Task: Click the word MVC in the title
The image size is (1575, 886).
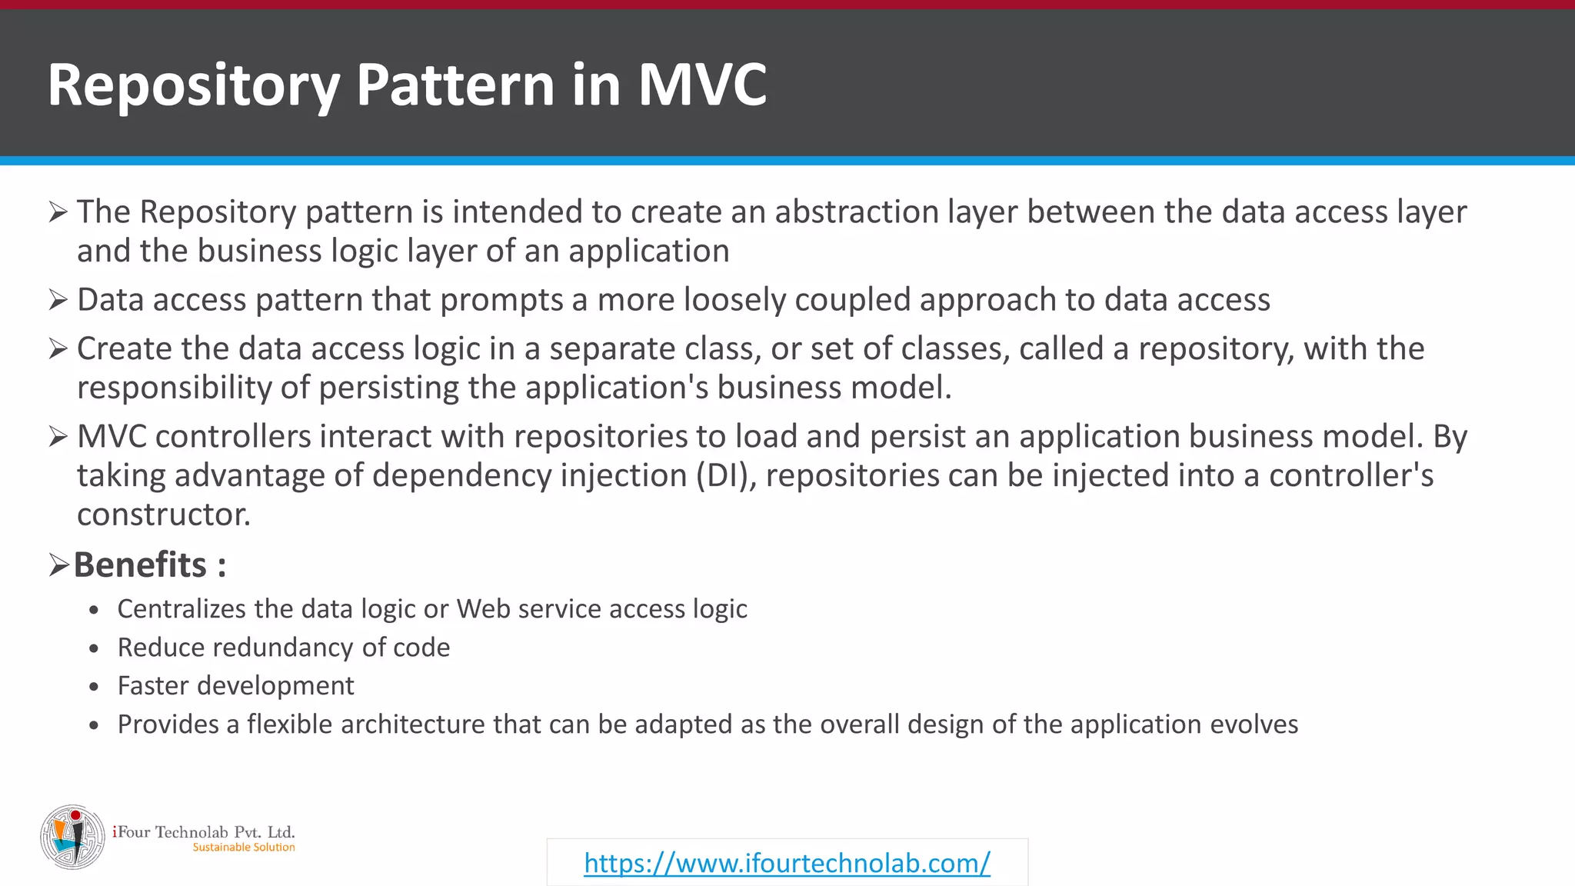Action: pyautogui.click(x=701, y=85)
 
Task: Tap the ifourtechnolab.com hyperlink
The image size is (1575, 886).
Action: pyautogui.click(x=787, y=863)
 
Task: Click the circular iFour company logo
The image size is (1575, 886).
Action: pyautogui.click(x=72, y=837)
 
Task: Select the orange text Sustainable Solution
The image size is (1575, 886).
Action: pyautogui.click(x=243, y=848)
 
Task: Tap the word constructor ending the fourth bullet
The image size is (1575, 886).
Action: pyautogui.click(x=163, y=515)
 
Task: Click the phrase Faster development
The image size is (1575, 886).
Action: pyautogui.click(x=235, y=686)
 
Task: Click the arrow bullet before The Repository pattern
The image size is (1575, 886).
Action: pyautogui.click(x=58, y=212)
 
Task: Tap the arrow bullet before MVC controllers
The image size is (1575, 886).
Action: pyautogui.click(x=58, y=437)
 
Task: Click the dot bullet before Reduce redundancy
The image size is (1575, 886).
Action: pyautogui.click(x=94, y=649)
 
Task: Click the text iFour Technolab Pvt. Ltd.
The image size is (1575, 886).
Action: pyautogui.click(x=204, y=832)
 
